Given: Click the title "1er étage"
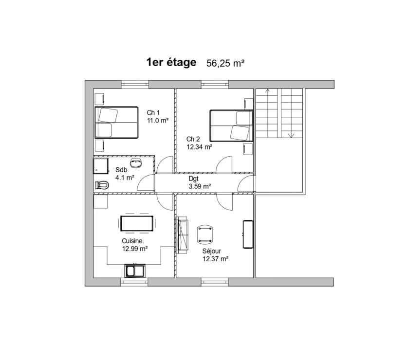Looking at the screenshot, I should click(171, 62).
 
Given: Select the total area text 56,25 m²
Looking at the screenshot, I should click(225, 63).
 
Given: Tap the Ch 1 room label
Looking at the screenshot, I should click(153, 113).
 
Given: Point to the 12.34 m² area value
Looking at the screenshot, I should click(199, 146).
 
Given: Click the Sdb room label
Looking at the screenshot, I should click(121, 170).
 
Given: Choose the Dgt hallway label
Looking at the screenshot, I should click(193, 179).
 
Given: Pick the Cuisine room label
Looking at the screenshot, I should click(132, 241).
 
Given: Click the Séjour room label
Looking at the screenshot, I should click(212, 251).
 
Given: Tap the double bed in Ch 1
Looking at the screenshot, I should click(116, 123).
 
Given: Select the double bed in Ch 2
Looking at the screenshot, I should click(231, 126).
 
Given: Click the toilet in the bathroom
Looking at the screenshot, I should click(102, 185).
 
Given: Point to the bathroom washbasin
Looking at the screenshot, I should click(136, 162).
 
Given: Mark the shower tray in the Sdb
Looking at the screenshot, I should click(101, 166).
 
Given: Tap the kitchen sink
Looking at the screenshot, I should click(134, 270).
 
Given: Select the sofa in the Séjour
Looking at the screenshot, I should click(183, 235).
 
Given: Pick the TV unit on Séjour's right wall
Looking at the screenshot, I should click(248, 234).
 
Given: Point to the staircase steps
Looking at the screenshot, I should click(279, 113).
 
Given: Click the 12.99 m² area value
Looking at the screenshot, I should click(135, 249).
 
